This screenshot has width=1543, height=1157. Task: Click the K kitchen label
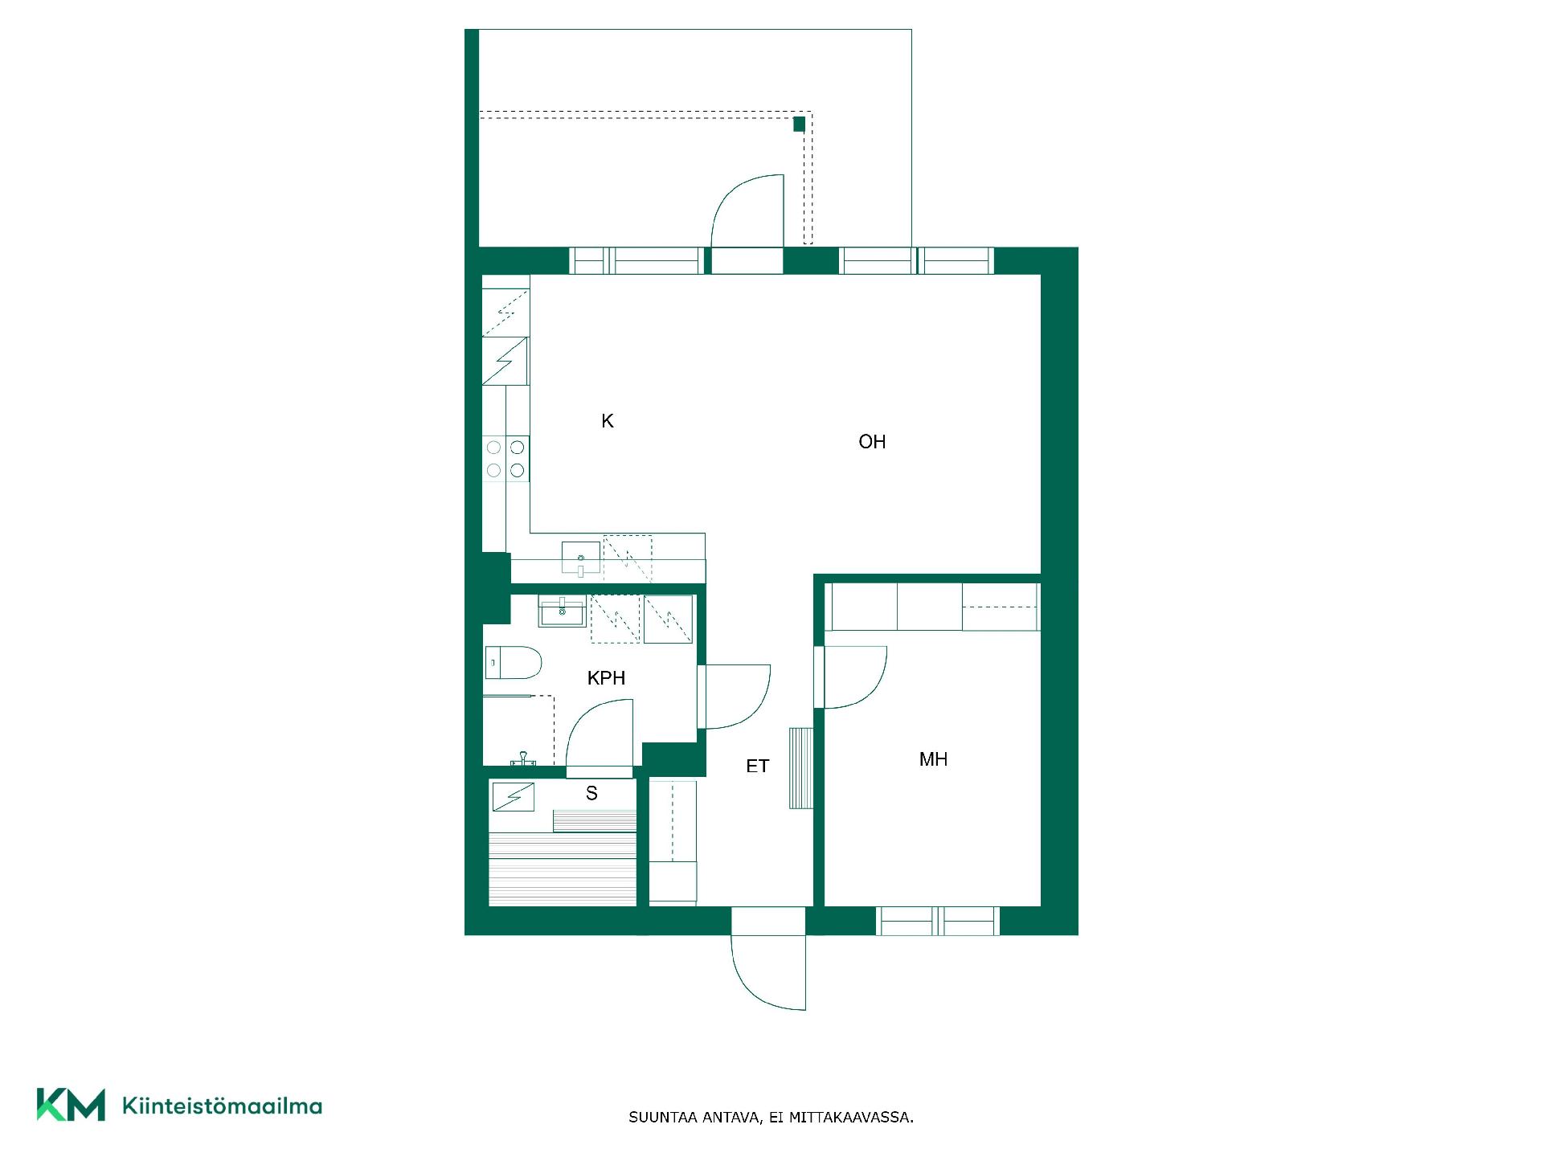coord(608,421)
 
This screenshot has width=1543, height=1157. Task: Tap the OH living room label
coord(872,441)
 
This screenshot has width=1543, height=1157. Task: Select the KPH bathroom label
coord(606,678)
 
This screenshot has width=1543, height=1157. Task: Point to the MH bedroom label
coord(933,759)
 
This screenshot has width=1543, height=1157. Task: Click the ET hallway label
coord(757,767)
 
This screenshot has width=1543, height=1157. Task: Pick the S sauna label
coord(591,794)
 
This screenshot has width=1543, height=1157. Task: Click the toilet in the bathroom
coord(514,663)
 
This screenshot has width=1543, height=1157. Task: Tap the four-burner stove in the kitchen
coord(506,459)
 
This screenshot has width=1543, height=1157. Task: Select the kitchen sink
coord(581,558)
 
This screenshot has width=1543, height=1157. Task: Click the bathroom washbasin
coord(563,611)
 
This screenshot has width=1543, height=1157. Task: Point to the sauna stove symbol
coord(513,796)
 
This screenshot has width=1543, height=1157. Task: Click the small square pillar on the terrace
coord(799,124)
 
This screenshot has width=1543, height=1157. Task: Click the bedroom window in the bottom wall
coord(938,921)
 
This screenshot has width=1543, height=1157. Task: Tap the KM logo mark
coord(71,1105)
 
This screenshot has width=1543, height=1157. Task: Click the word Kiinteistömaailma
coord(222,1106)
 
